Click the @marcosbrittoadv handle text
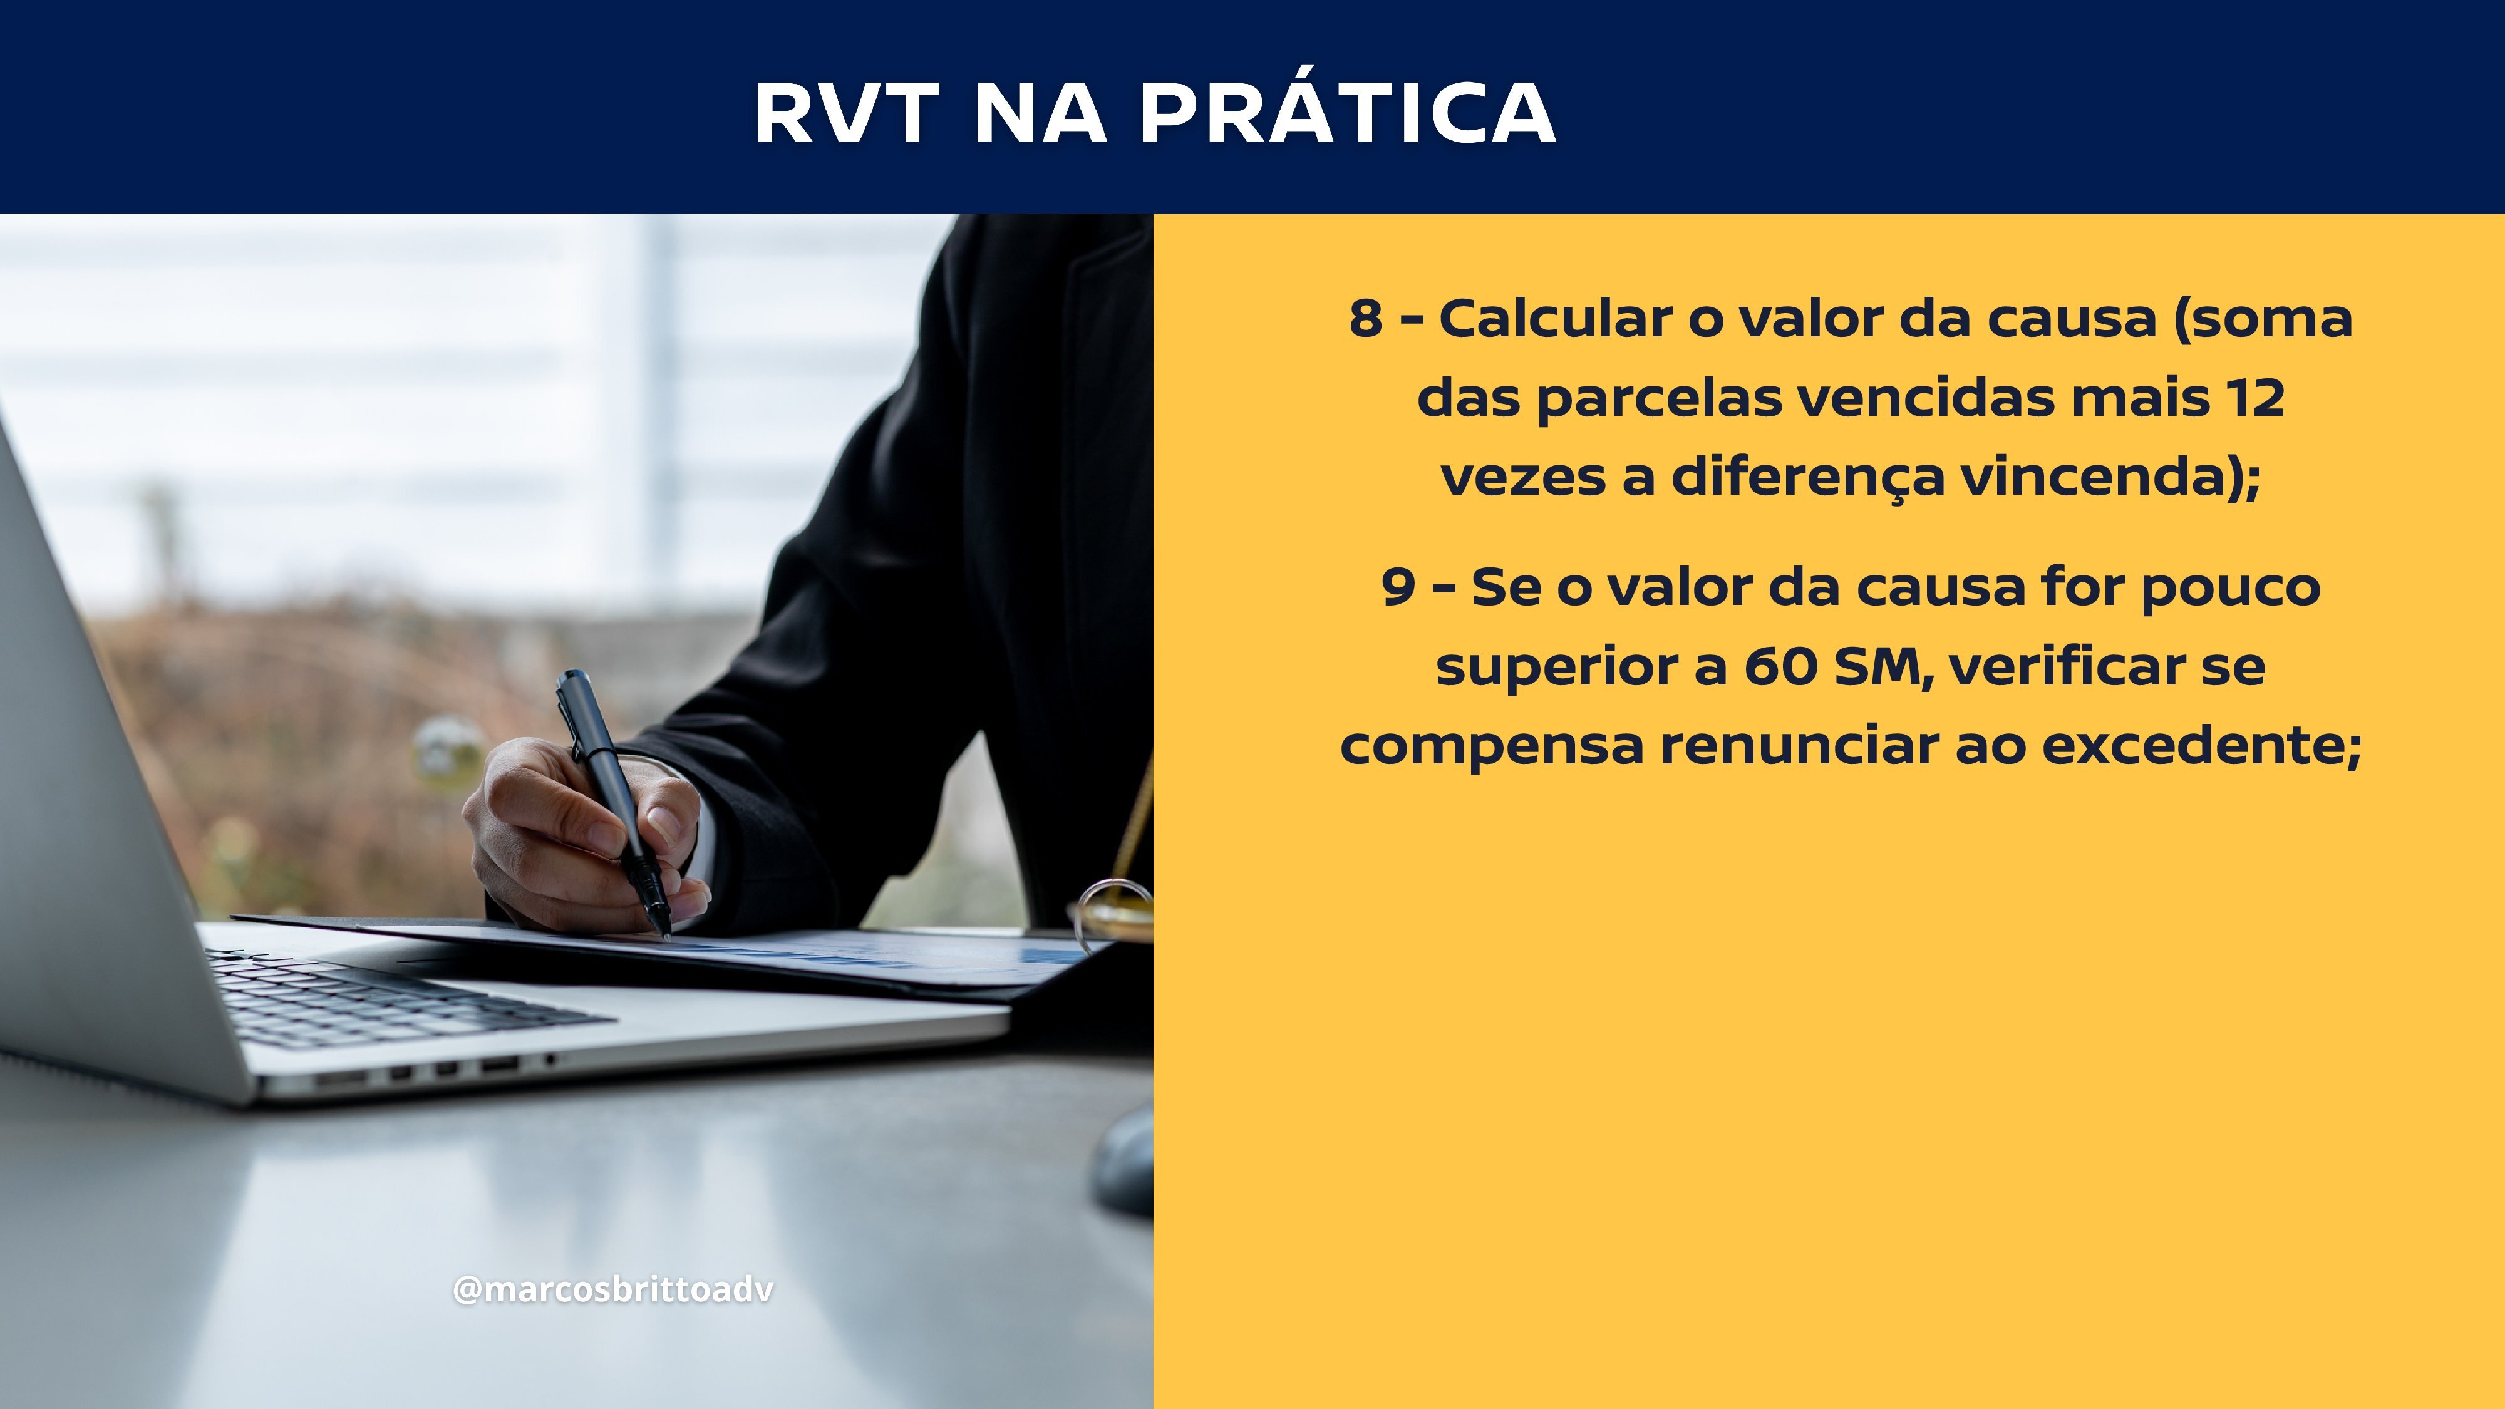coord(614,1289)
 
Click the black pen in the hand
coord(614,802)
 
